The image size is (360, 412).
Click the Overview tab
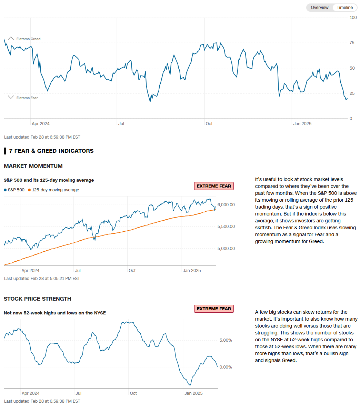pyautogui.click(x=319, y=8)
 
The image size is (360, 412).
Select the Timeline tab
pyautogui.click(x=344, y=8)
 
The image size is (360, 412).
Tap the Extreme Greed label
pyautogui.click(x=28, y=39)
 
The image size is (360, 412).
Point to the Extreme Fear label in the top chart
pyautogui.click(x=27, y=98)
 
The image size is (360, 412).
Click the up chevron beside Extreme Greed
pyautogui.click(x=11, y=39)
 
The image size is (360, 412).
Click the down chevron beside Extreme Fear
pyautogui.click(x=11, y=98)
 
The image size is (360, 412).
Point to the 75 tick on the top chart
pyautogui.click(x=352, y=43)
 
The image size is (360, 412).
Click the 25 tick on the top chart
pyautogui.click(x=352, y=93)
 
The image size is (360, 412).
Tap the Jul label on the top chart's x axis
pyautogui.click(x=121, y=124)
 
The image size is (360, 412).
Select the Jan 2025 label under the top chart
pyautogui.click(x=302, y=124)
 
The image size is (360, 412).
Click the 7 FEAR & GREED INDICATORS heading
pyautogui.click(x=51, y=151)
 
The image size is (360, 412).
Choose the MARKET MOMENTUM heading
pyautogui.click(x=33, y=166)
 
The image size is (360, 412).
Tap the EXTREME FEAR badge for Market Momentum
pyautogui.click(x=214, y=186)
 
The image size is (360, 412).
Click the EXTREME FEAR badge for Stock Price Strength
pyautogui.click(x=214, y=309)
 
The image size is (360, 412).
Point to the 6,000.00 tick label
pyautogui.click(x=226, y=205)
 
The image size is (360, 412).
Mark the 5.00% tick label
pyautogui.click(x=226, y=340)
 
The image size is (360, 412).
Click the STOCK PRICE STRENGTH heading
pyautogui.click(x=37, y=299)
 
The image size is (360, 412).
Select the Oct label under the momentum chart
pyautogui.click(x=132, y=271)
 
